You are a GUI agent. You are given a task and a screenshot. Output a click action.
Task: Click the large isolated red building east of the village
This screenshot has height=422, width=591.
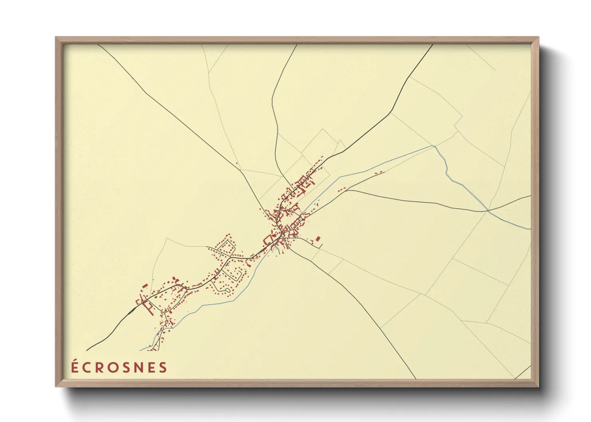coord(318,239)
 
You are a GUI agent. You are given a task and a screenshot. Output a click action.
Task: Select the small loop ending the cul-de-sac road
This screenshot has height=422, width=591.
coord(227,290)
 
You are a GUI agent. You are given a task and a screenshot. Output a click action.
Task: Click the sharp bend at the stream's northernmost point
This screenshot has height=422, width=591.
coord(434,146)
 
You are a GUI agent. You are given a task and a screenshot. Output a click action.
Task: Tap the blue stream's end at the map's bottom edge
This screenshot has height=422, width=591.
coord(140,351)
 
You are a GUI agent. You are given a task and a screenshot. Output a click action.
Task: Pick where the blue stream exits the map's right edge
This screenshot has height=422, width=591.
coord(530,229)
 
